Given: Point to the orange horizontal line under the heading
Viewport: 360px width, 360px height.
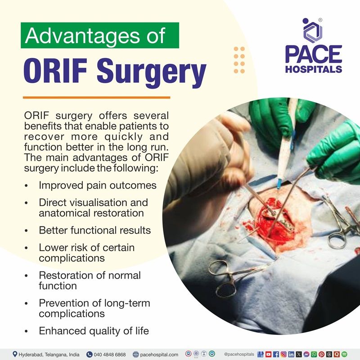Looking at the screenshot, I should click(x=96, y=97).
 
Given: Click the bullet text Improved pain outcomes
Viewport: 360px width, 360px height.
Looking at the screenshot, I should click(x=97, y=185).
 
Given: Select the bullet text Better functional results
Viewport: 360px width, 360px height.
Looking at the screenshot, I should click(x=94, y=230).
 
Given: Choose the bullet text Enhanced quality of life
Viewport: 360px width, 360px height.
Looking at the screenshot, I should click(x=94, y=331).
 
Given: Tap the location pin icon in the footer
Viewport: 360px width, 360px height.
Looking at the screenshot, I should click(x=15, y=354).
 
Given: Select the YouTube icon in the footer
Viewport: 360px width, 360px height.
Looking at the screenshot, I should click(x=268, y=354).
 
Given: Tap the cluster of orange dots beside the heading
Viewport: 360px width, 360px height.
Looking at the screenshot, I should click(x=239, y=60).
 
